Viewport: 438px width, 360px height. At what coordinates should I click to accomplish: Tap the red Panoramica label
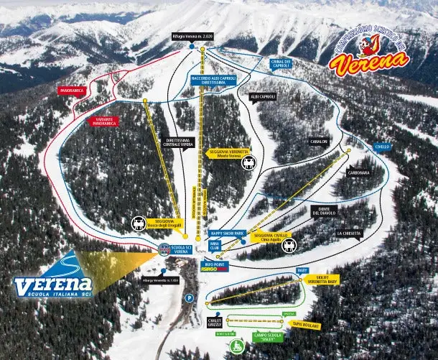[72, 91]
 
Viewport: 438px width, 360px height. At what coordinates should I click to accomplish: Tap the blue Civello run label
[381, 147]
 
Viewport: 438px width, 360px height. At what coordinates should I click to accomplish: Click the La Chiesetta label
[348, 234]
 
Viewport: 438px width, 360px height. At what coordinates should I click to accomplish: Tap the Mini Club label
[214, 244]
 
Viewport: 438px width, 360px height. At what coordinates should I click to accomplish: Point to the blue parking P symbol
[190, 297]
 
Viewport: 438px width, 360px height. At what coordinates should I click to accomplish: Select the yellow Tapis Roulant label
[306, 326]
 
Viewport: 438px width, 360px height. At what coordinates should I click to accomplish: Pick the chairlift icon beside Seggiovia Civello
[289, 246]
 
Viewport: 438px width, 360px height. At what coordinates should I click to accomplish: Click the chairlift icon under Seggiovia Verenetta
[248, 163]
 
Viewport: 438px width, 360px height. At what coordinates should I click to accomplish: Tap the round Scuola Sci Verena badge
[164, 249]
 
